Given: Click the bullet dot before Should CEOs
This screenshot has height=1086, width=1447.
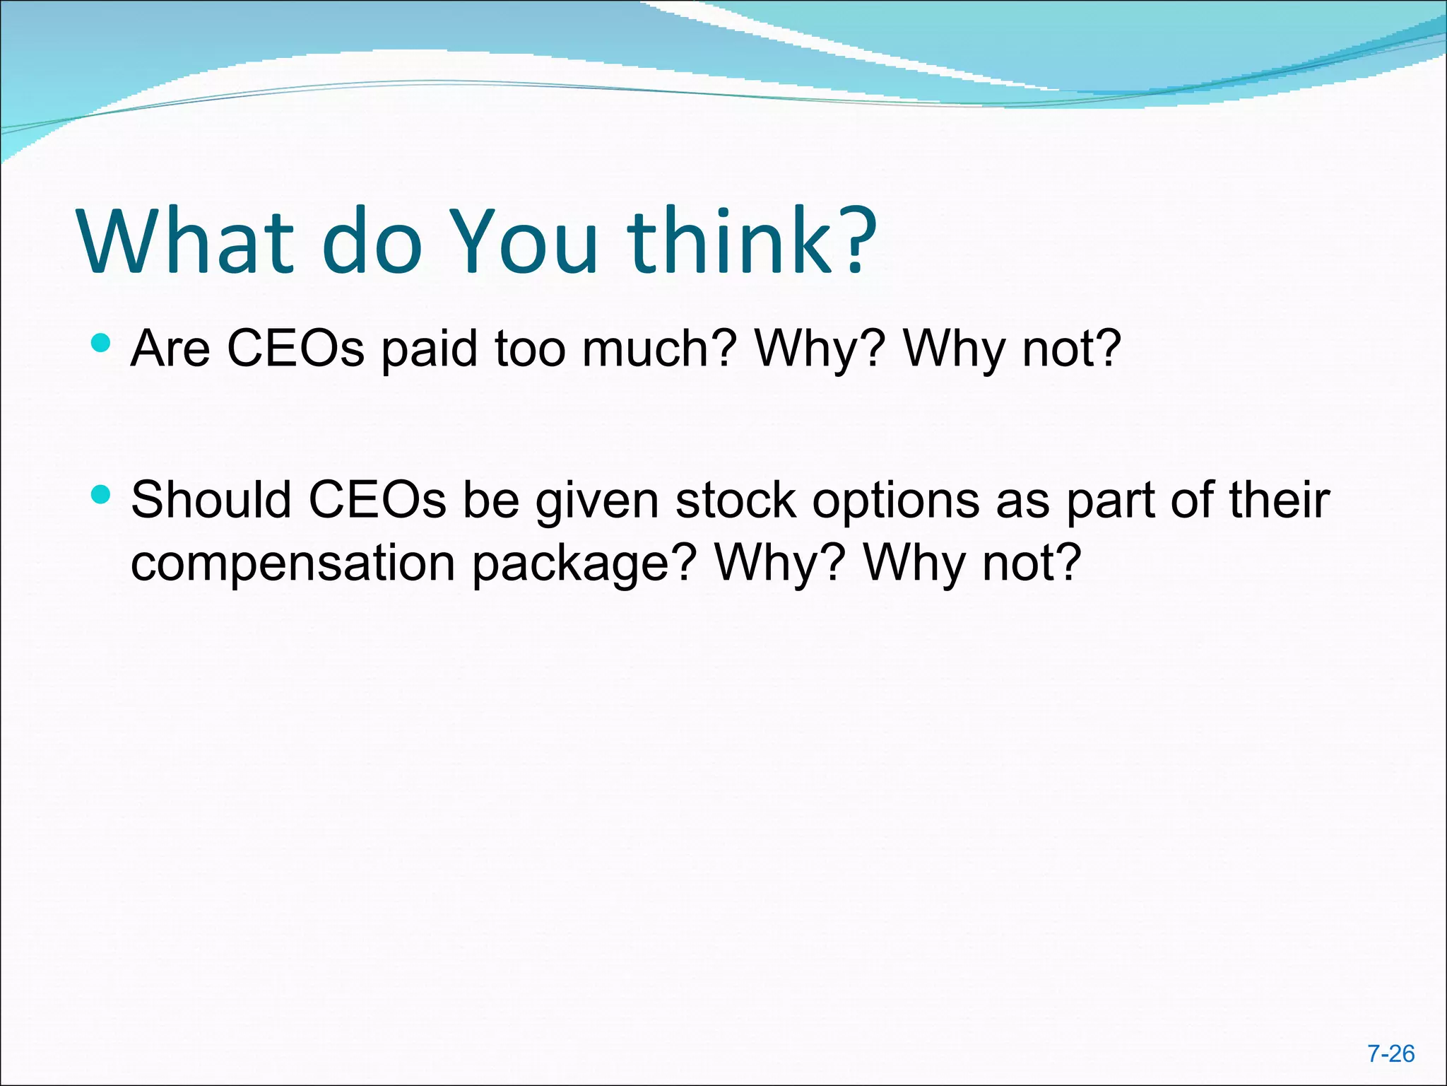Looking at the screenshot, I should pos(101,494).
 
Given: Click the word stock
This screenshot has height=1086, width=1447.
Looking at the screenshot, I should pos(735,500).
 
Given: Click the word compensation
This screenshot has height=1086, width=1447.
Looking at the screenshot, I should pos(293,564).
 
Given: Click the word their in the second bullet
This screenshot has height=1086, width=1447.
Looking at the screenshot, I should pos(1279,500).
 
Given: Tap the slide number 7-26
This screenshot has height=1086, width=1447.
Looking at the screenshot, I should pos(1390,1053).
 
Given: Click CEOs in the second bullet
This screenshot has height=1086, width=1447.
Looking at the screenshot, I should pos(377,500).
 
